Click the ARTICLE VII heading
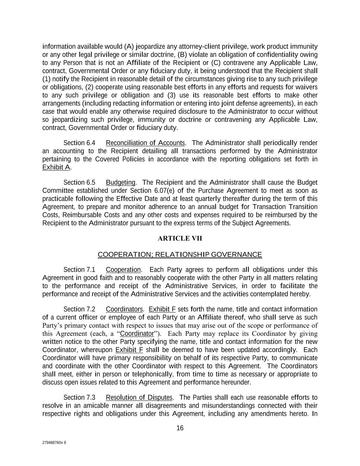click(180, 239)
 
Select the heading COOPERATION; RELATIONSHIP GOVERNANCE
click(180, 255)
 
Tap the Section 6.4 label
click(80, 143)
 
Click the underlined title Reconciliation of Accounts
click(145, 143)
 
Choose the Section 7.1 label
click(80, 270)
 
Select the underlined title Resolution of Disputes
click(139, 398)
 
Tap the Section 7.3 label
click(80, 398)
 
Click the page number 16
click(180, 428)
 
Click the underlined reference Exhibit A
click(56, 168)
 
